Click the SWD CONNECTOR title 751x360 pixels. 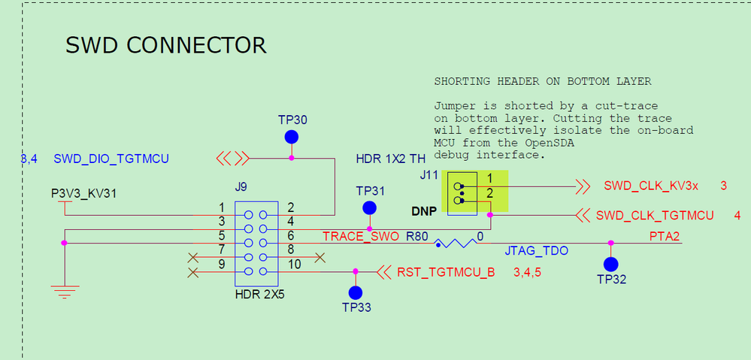pyautogui.click(x=166, y=45)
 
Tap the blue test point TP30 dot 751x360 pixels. pyautogui.click(x=292, y=138)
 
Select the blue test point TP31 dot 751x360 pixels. pyautogui.click(x=369, y=207)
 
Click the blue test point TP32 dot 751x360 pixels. pyautogui.click(x=610, y=264)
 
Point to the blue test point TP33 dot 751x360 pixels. pyautogui.click(x=356, y=292)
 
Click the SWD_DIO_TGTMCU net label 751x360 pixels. pyautogui.click(x=111, y=159)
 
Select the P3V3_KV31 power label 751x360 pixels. pyautogui.click(x=84, y=194)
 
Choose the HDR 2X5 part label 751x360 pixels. pyautogui.click(x=259, y=295)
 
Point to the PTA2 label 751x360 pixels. pyautogui.click(x=665, y=236)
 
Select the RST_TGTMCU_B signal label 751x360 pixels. pyautogui.click(x=446, y=271)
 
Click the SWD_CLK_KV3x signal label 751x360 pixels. pyautogui.click(x=651, y=186)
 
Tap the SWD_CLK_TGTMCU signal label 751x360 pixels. pyautogui.click(x=655, y=216)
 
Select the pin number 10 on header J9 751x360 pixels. pyautogui.click(x=294, y=264)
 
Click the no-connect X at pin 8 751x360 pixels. pyautogui.click(x=320, y=258)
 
